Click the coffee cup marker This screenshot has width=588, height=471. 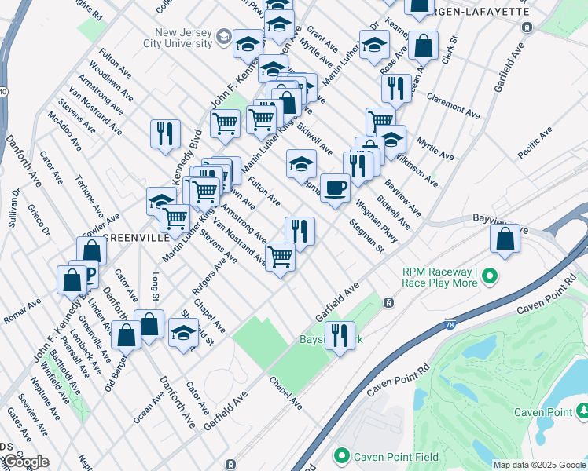click(x=336, y=188)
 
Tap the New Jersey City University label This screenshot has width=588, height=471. click(x=186, y=37)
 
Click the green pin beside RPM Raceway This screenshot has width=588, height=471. click(x=491, y=276)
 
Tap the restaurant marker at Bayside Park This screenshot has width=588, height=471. click(x=340, y=336)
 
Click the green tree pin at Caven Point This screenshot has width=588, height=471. click(x=582, y=411)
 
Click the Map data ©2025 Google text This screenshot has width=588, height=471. click(x=538, y=465)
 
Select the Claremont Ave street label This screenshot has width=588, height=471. click(x=453, y=107)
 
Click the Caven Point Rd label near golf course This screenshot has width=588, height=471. click(x=391, y=380)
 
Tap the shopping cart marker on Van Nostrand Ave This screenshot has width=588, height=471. click(x=281, y=256)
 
